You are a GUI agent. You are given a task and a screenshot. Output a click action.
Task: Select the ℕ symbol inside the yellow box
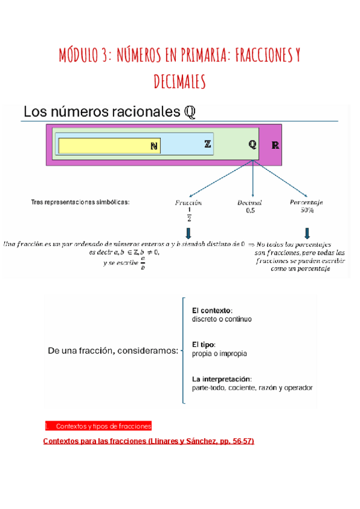[154, 146]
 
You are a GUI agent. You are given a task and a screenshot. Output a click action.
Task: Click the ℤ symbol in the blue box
[207, 144]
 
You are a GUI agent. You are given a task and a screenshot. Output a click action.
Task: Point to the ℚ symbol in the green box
[253, 145]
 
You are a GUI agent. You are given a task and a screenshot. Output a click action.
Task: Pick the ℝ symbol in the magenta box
[275, 145]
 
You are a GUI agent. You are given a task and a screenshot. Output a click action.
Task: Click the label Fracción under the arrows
[188, 203]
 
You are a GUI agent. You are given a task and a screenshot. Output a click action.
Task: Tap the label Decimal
[250, 203]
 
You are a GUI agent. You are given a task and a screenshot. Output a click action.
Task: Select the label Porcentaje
[307, 203]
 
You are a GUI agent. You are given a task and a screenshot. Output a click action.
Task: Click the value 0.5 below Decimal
[250, 211]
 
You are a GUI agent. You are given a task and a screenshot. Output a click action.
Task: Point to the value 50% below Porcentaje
[307, 211]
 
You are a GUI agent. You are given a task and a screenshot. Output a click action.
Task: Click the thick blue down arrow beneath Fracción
[188, 233]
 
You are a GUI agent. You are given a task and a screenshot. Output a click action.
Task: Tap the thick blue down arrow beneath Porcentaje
[307, 233]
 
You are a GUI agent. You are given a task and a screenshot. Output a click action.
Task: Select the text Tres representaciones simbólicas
[80, 202]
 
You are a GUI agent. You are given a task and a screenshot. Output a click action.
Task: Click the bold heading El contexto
[211, 311]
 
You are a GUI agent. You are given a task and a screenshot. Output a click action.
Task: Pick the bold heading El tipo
[203, 345]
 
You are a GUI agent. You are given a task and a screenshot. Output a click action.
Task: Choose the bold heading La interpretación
[222, 379]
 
